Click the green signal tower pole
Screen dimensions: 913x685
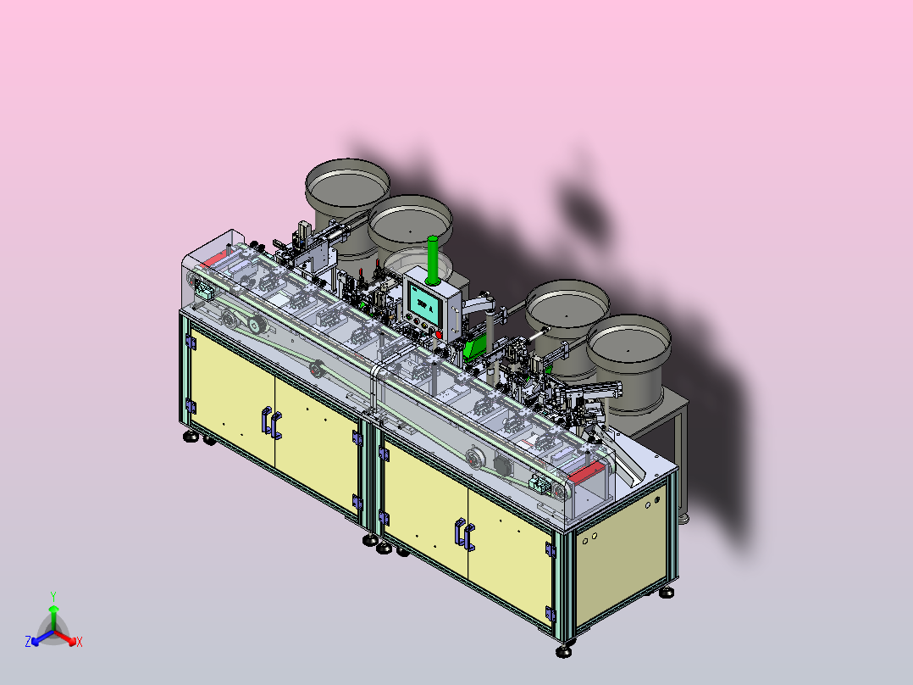pyautogui.click(x=433, y=260)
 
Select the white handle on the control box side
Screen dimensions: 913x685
pyautogui.click(x=478, y=304)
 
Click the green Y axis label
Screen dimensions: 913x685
pyautogui.click(x=53, y=596)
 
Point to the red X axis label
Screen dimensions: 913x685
pyautogui.click(x=80, y=642)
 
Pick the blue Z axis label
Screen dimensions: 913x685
pyautogui.click(x=28, y=641)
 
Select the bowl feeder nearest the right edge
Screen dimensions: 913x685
pyautogui.click(x=628, y=361)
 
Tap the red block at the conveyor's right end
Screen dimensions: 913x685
pyautogui.click(x=587, y=472)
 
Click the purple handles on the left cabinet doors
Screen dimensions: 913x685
pyautogui.click(x=272, y=423)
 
